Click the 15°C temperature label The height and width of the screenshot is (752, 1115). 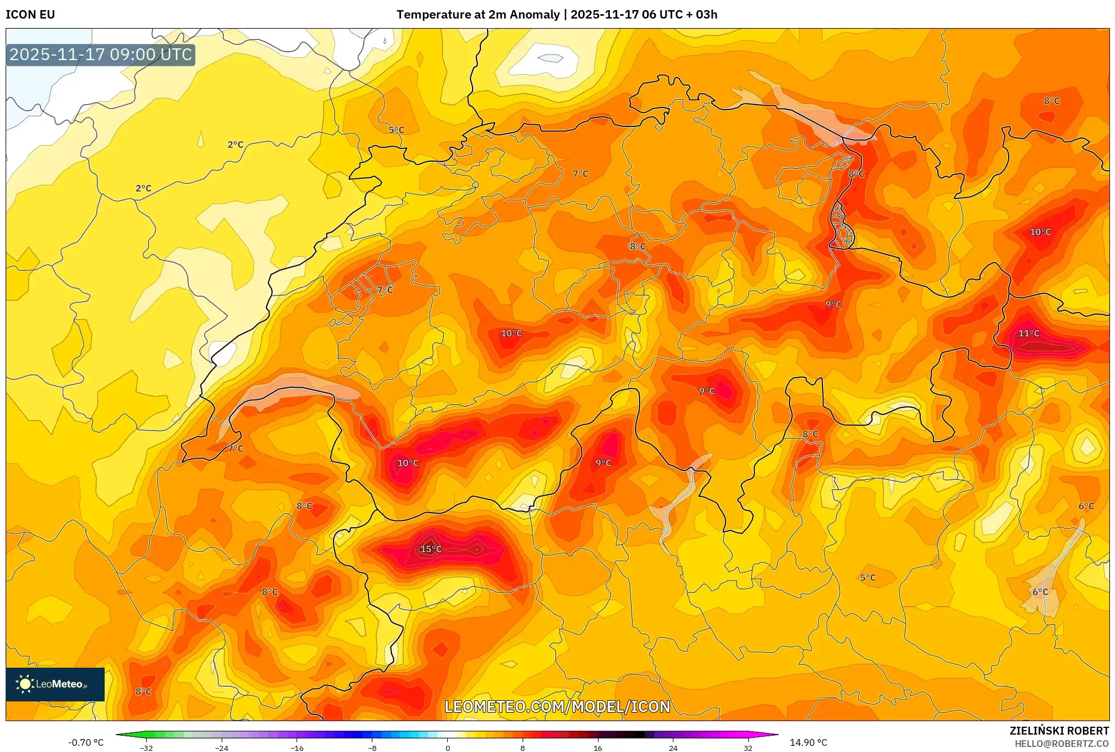(x=431, y=549)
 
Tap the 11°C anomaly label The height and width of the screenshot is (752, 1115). (x=1029, y=333)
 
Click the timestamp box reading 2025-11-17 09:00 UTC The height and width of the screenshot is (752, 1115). (x=101, y=55)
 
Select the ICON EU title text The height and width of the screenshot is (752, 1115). (x=30, y=15)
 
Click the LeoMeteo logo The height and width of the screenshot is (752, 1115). (x=55, y=684)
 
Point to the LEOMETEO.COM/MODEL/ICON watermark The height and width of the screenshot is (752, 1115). (x=557, y=706)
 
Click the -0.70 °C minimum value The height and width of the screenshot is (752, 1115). (x=86, y=742)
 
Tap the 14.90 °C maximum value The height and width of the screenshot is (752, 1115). (x=808, y=742)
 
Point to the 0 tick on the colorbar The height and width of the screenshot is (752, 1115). (x=448, y=748)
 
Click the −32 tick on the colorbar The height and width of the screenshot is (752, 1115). (x=146, y=748)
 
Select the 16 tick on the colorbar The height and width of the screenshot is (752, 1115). (x=597, y=748)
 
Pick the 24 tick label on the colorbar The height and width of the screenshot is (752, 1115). (x=673, y=748)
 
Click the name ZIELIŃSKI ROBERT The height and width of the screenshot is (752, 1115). (x=1059, y=731)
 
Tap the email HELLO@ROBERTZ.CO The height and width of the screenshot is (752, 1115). (x=1062, y=744)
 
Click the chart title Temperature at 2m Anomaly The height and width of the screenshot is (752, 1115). (x=478, y=15)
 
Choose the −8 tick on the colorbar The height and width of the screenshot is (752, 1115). (x=372, y=748)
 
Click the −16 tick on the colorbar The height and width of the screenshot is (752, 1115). (x=297, y=748)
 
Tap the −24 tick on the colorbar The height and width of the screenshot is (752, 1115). (x=222, y=748)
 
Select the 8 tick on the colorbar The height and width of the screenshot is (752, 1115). (x=523, y=748)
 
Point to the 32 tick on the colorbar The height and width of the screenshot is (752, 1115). (x=748, y=748)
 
